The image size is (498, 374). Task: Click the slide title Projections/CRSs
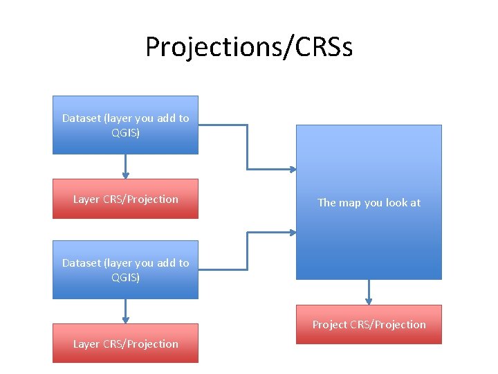(x=249, y=47)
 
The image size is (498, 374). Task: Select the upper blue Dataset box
(x=125, y=125)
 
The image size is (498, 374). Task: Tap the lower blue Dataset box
(x=125, y=270)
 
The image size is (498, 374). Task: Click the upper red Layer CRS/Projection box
(x=125, y=199)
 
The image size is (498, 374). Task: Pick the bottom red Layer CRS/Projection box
(x=125, y=344)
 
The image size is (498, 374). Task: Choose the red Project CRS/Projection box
(x=369, y=324)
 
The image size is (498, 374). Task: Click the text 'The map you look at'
(x=369, y=203)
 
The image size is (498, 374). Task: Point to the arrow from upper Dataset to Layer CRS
(x=125, y=166)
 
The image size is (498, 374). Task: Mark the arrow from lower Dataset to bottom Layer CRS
(x=125, y=311)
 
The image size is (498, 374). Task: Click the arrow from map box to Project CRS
(x=369, y=292)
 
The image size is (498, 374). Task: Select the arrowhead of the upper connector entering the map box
(x=293, y=169)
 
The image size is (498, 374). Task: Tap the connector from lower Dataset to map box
(x=247, y=249)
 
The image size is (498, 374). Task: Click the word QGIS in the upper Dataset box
(x=125, y=133)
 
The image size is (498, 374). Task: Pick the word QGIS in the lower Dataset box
(x=125, y=278)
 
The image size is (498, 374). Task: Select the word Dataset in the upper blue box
(x=81, y=118)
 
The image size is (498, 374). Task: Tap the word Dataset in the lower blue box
(x=81, y=263)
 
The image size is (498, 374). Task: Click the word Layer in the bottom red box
(x=86, y=344)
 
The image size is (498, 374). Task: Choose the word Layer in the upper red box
(x=86, y=199)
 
